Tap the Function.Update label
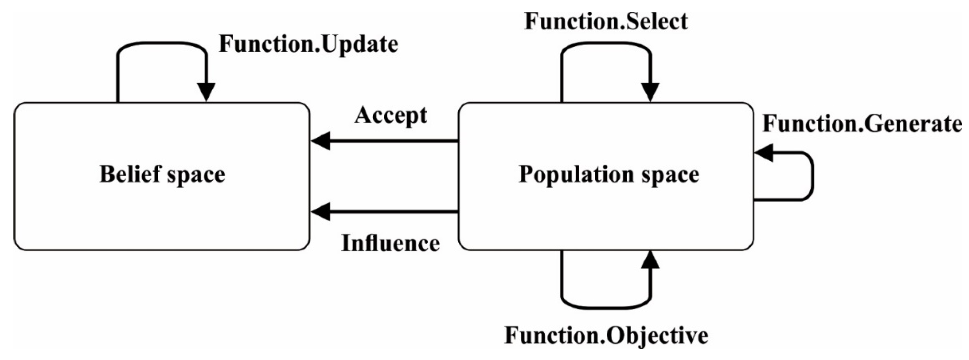pyautogui.click(x=308, y=45)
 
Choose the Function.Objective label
pyautogui.click(x=606, y=335)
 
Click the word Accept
pyautogui.click(x=391, y=115)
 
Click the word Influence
pyautogui.click(x=390, y=243)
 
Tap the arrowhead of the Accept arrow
pyautogui.click(x=321, y=141)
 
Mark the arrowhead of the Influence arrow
pyautogui.click(x=321, y=211)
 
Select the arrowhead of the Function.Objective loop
pyautogui.click(x=650, y=260)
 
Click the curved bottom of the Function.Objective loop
pyautogui.click(x=606, y=309)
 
